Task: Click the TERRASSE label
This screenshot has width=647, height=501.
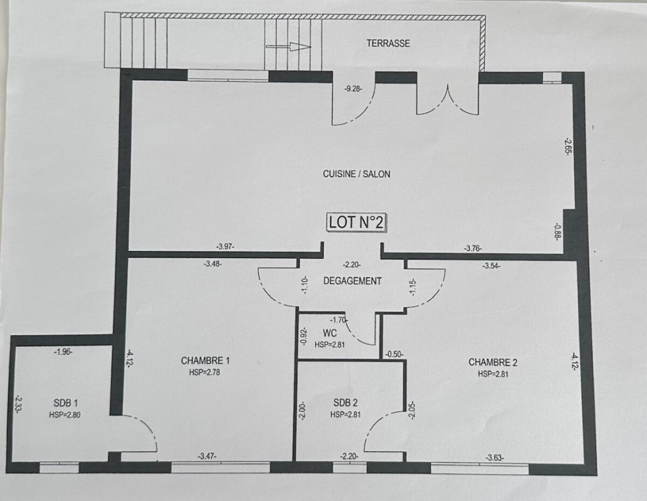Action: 388,43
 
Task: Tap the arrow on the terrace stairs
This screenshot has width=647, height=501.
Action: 288,46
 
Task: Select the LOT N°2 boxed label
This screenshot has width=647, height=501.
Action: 357,222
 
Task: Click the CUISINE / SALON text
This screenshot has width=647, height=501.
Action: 357,174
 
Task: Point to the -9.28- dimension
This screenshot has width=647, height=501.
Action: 353,88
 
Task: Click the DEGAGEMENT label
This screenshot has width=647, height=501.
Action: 352,281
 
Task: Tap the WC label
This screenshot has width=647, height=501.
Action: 330,333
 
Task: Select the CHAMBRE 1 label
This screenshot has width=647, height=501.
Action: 206,361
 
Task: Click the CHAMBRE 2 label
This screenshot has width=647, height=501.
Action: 493,363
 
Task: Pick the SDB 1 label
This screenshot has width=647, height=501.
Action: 66,403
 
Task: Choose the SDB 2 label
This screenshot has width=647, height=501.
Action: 345,403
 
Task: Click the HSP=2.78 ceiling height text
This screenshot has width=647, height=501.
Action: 204,373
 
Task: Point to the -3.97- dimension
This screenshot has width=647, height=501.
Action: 225,247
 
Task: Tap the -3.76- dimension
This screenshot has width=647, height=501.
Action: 473,249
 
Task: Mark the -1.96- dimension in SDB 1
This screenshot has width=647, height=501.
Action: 63,352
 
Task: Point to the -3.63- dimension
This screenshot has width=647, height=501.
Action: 495,457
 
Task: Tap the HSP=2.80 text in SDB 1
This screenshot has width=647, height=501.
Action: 65,415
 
